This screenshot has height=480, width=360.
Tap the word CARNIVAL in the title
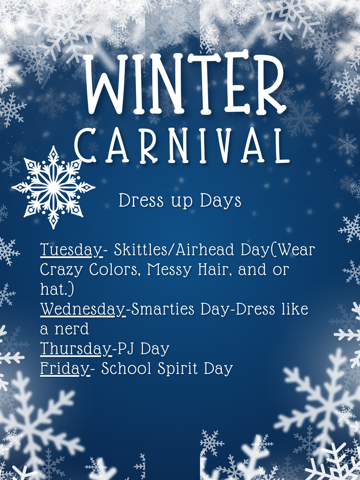(182, 145)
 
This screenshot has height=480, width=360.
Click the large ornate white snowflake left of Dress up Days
(53, 187)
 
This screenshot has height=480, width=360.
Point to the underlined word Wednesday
(82, 310)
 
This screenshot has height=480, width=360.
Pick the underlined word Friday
(64, 369)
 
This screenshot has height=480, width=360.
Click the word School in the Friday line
(127, 369)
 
